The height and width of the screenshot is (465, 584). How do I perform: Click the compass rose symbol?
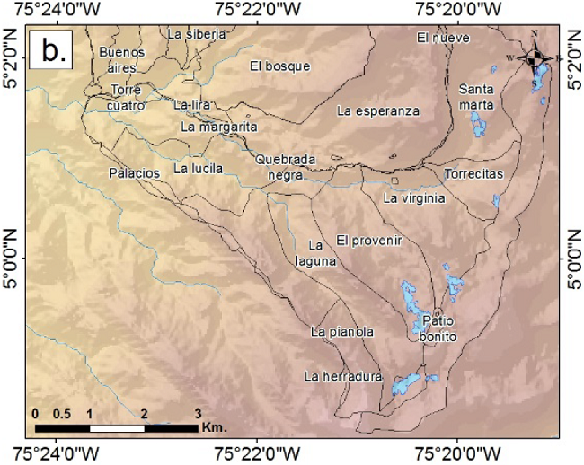535,58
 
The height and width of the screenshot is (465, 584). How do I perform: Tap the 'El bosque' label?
279,66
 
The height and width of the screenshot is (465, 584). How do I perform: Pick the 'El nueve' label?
438,38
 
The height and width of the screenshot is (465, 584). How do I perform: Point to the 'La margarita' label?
219,127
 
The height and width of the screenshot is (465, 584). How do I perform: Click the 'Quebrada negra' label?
286,167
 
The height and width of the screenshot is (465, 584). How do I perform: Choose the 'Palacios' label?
134,171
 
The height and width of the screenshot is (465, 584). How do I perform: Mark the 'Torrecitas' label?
473,173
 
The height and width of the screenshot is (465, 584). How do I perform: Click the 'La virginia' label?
414,198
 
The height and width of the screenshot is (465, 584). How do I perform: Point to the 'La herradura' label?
343,376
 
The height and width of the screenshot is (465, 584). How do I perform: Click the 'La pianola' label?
341,331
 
